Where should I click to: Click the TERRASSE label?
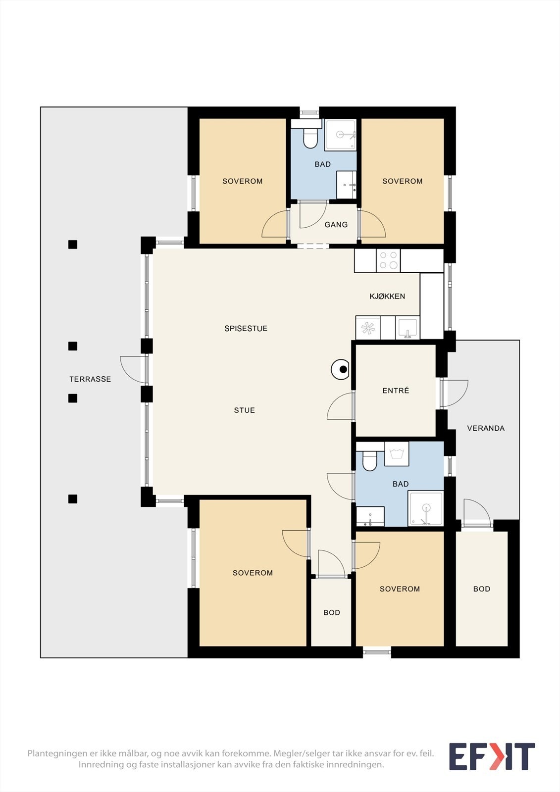tap(90, 379)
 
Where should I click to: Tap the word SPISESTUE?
tap(246, 329)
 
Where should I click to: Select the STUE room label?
tap(245, 410)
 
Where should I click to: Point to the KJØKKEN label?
tap(387, 297)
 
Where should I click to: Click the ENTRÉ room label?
tap(396, 391)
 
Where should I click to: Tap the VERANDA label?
tap(486, 428)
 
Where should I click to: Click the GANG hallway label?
tap(336, 225)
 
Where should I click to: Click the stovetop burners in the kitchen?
tap(388, 260)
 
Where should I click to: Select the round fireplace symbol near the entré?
tap(340, 369)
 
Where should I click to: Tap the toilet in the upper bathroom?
tap(310, 138)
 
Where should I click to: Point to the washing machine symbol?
tap(397, 453)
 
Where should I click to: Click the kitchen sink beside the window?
tap(407, 328)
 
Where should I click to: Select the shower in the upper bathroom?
tap(341, 134)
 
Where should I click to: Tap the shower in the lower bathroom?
tap(426, 508)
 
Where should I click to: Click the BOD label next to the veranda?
tap(482, 589)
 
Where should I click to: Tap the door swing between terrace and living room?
tap(133, 369)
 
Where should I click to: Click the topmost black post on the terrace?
tap(72, 245)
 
